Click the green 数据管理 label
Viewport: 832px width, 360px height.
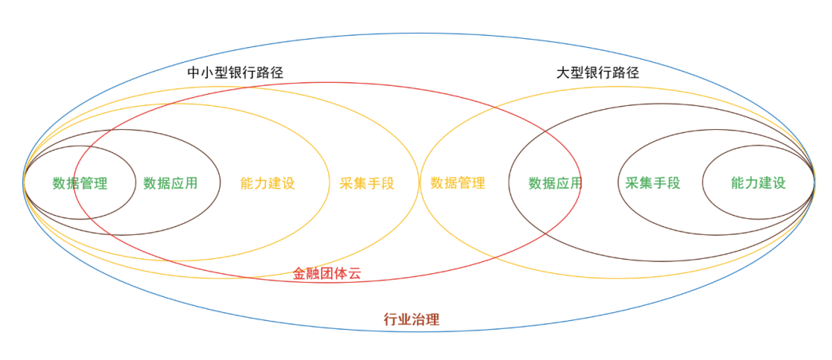(80, 183)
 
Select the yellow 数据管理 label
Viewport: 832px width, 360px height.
(458, 183)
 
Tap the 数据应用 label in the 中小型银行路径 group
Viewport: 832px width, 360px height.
(170, 183)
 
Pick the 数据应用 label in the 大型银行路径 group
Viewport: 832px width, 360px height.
(556, 183)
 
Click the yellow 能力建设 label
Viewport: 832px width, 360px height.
(268, 183)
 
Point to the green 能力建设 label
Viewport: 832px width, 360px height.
(758, 183)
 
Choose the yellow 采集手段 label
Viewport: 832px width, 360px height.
(367, 183)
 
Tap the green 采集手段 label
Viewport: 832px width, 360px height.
(653, 183)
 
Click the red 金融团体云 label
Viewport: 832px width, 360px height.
(326, 274)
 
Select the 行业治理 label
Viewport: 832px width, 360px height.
(412, 319)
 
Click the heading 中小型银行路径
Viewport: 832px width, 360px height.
(235, 72)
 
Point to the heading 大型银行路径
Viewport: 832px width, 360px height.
(598, 72)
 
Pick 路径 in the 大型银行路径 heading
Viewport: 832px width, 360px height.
(626, 72)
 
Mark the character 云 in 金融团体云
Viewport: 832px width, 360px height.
(354, 274)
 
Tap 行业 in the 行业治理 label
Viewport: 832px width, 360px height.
(398, 319)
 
